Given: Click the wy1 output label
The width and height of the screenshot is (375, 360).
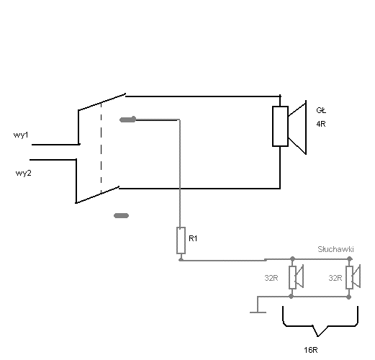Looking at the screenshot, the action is [x=21, y=135].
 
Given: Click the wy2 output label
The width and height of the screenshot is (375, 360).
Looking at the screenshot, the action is [x=23, y=173].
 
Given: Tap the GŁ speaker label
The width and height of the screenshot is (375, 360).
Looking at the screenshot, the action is [x=321, y=110].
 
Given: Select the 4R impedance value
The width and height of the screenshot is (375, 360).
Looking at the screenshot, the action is [x=321, y=124].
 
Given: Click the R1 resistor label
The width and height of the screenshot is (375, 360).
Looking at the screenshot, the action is [x=193, y=238].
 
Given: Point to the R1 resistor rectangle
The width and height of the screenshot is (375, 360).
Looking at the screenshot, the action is [x=181, y=240].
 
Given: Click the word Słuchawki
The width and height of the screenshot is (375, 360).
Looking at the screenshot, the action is [x=335, y=249].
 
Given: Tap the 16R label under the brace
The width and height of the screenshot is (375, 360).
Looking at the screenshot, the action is [x=311, y=350].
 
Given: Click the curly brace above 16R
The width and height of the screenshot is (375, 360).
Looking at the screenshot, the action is [x=320, y=326].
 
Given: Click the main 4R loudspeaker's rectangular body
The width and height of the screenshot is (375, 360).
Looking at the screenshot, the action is [x=280, y=126].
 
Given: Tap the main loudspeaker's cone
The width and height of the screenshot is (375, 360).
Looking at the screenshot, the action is [x=297, y=127].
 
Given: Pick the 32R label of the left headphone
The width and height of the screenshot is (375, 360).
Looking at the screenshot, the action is [x=271, y=278].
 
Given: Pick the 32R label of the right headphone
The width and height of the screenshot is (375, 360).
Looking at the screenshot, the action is [x=335, y=278].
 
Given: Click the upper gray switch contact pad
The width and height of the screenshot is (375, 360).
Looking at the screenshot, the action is [x=127, y=120].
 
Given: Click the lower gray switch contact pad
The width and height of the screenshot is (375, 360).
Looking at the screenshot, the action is [x=121, y=215].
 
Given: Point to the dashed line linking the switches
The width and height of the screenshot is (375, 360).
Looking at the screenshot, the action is [x=101, y=148].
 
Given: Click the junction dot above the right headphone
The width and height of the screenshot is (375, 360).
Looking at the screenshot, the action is [x=350, y=258].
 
